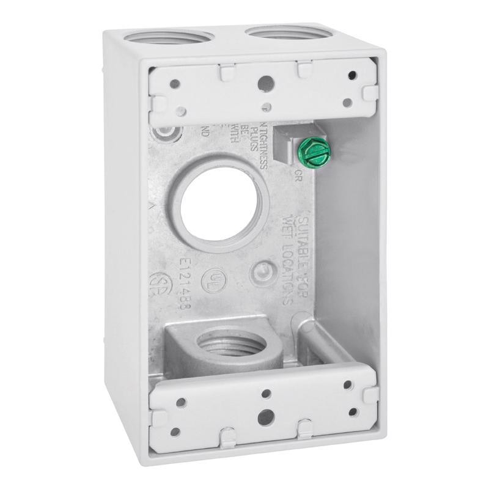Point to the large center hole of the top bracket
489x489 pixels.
click(x=264, y=81)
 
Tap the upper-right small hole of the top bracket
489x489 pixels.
click(x=351, y=76)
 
